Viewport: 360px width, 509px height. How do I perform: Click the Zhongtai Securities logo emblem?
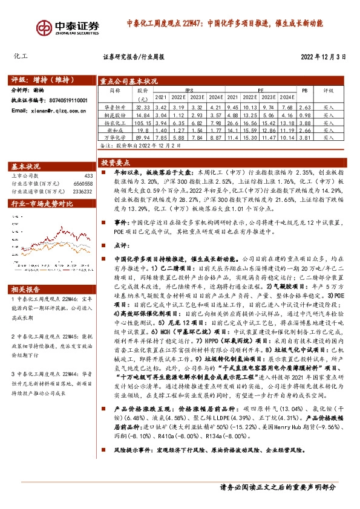(44, 28)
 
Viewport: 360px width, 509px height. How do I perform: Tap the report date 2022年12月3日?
(323, 57)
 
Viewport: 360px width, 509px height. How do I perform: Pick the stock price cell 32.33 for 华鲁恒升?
(143, 107)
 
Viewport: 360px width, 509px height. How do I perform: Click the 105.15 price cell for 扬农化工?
(143, 122)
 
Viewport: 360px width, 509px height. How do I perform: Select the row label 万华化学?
(115, 137)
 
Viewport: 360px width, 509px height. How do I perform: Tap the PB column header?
(304, 90)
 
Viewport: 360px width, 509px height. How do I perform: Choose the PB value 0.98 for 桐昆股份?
(304, 114)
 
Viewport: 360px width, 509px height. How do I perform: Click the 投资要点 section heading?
(116, 163)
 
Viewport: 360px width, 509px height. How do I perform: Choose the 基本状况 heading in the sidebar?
(27, 166)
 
